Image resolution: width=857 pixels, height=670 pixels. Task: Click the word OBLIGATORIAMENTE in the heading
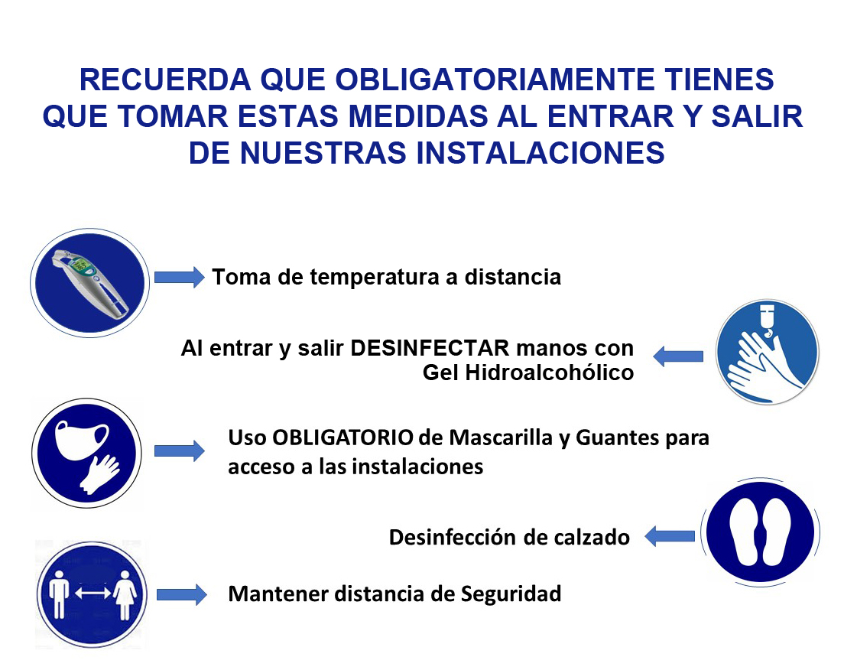494,80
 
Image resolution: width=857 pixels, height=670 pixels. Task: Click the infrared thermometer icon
89,283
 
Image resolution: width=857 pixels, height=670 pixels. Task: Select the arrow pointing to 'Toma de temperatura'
179,278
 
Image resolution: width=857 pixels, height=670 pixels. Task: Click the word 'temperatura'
374,278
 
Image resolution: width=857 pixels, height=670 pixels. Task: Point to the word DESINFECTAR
430,348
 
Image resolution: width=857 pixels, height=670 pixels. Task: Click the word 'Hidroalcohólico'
549,372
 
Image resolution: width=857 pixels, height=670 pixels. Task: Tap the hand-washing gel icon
767,352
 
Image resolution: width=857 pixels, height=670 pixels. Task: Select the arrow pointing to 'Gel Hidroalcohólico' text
678,356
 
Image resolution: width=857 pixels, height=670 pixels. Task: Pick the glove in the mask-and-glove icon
99,474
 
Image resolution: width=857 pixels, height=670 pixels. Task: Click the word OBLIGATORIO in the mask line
342,437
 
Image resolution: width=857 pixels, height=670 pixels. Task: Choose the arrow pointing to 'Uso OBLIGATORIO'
179,450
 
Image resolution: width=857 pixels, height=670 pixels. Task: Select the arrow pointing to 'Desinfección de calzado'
670,536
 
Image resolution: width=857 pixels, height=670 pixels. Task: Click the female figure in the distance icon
125,595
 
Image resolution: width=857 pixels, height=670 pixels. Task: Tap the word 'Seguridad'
511,594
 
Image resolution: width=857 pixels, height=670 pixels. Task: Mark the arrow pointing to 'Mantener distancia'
182,594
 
